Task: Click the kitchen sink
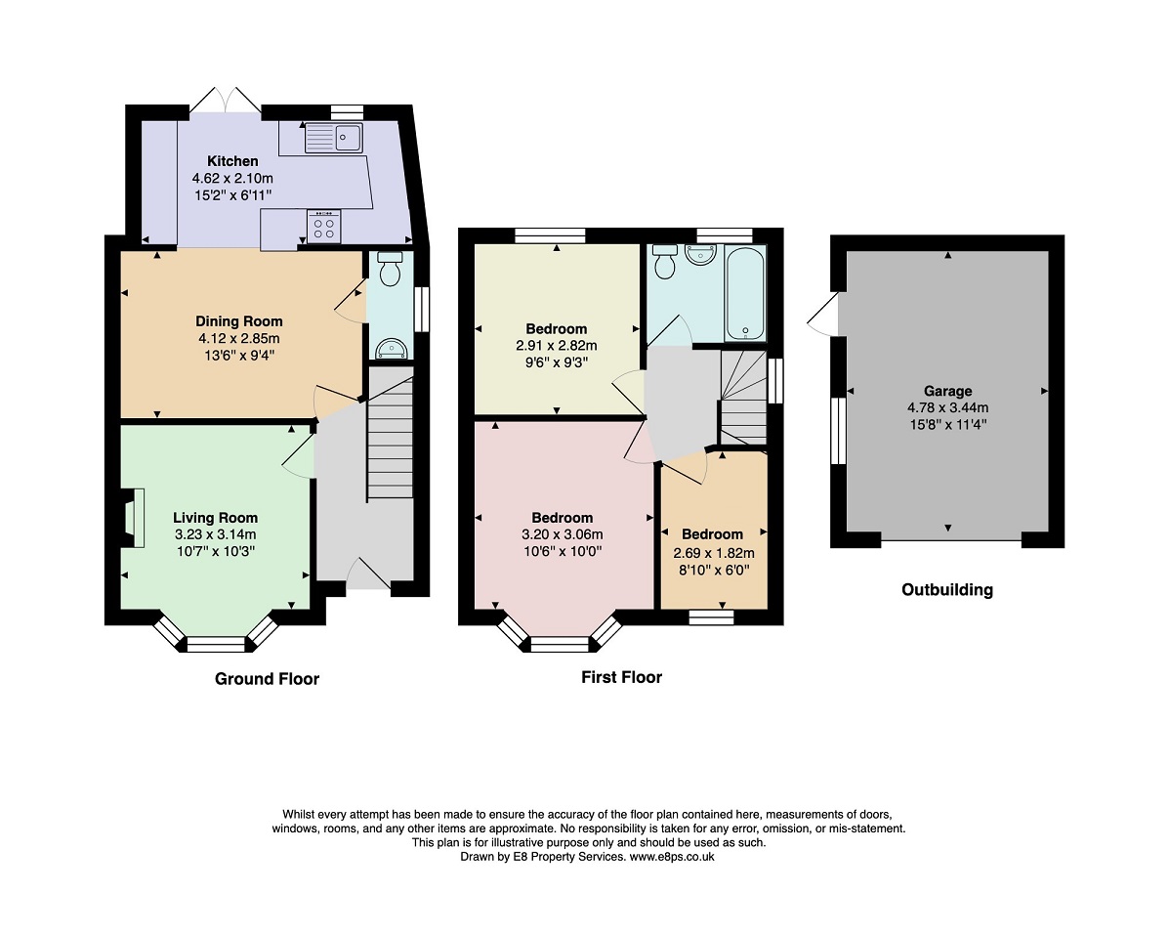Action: [x=333, y=138]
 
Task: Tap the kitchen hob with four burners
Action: [x=324, y=227]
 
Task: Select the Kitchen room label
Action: [x=232, y=161]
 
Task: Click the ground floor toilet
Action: [x=390, y=269]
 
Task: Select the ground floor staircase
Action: [x=391, y=435]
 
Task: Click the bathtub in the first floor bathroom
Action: [x=745, y=292]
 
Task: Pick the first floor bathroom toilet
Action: [x=666, y=263]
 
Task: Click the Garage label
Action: [x=947, y=391]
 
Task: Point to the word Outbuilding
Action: [x=946, y=589]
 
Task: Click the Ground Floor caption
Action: [x=267, y=678]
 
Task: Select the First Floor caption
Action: [x=621, y=676]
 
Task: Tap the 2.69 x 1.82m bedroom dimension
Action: [x=713, y=552]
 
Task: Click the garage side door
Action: [x=822, y=315]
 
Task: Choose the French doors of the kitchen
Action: [x=226, y=100]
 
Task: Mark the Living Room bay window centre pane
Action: [x=216, y=643]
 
